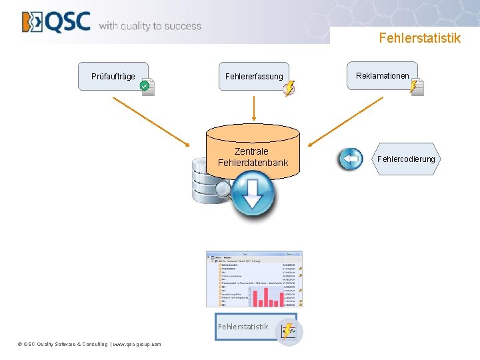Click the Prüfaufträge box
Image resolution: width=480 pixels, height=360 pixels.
[x=113, y=76]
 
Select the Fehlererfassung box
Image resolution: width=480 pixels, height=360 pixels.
[x=253, y=77]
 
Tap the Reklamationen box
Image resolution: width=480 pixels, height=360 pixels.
[x=382, y=76]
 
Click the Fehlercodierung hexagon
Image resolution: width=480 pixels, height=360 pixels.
[x=406, y=159]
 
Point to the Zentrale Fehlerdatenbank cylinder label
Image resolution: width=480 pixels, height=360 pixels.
[x=253, y=157]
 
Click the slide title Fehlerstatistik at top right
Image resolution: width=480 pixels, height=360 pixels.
[x=419, y=38]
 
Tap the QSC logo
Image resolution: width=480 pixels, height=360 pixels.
[x=56, y=22]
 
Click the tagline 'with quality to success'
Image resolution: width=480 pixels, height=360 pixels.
[x=150, y=26]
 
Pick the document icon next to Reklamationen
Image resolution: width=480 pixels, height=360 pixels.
[x=417, y=87]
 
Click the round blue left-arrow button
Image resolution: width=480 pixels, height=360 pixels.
[x=351, y=159]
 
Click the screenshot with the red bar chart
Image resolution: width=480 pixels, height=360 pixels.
[x=254, y=279]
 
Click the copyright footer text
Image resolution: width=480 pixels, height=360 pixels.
[x=89, y=345]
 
